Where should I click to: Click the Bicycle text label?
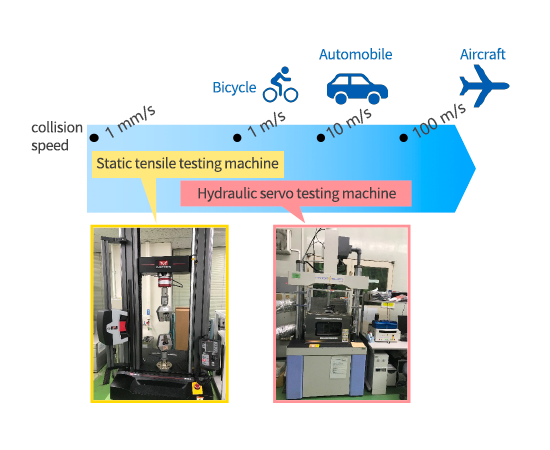coord(234,88)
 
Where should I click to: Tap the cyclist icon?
coord(281,85)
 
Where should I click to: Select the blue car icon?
coord(357,89)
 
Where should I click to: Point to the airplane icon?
coord(484,86)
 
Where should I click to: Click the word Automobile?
coord(356,54)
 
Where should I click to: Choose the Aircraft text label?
coord(483,54)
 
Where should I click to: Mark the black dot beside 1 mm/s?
coord(94,137)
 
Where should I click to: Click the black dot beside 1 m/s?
coord(237,137)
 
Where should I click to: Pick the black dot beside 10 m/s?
coord(321,137)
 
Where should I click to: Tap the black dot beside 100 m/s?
coord(403,137)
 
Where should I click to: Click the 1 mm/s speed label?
coord(130,121)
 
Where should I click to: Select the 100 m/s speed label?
coord(440,120)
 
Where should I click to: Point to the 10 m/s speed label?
coord(349,123)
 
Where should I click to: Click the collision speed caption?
coord(57,136)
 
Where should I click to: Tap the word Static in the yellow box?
coord(113,163)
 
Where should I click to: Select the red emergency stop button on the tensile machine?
coord(197,387)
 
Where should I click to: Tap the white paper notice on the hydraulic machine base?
coord(338,367)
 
